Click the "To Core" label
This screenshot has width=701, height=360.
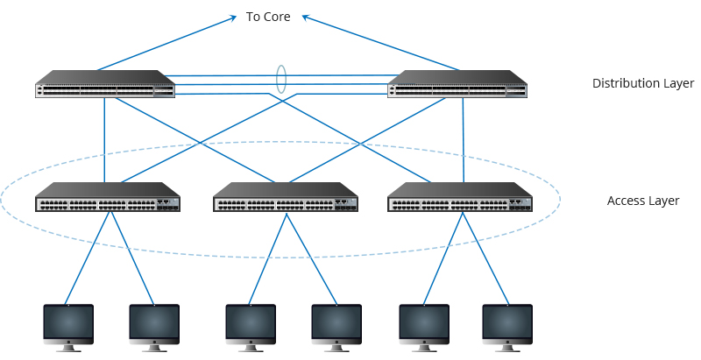[x=268, y=17]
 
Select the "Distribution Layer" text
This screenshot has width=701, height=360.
[x=643, y=83]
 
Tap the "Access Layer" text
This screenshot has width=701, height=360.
[x=643, y=201]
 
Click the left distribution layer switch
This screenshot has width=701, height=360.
[x=105, y=84]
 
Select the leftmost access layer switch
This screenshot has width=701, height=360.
[x=108, y=198]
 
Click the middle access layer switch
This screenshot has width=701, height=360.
[x=286, y=198]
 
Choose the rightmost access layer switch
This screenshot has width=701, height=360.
[x=460, y=198]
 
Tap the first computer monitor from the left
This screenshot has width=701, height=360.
[x=68, y=325]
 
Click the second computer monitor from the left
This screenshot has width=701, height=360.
[x=154, y=325]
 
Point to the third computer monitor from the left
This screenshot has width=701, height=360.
[x=251, y=325]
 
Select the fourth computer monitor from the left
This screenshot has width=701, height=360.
[x=336, y=325]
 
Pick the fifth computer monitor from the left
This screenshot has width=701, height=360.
[x=424, y=325]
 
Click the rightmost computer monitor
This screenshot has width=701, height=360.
[x=507, y=325]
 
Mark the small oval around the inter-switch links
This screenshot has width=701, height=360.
[x=281, y=79]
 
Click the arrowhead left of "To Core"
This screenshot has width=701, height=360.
[x=233, y=16]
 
